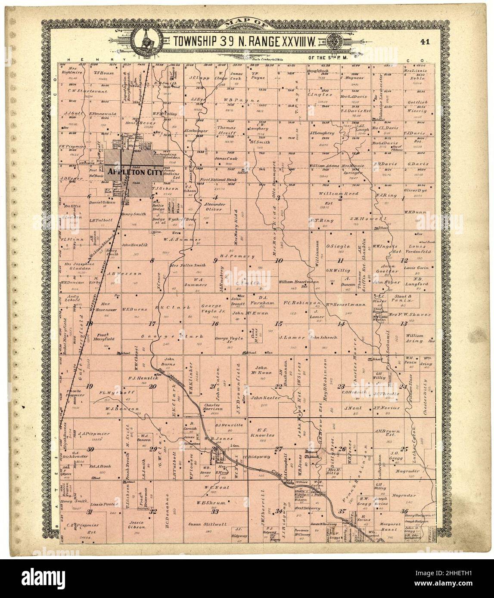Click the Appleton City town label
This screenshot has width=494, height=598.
pyautogui.click(x=135, y=171)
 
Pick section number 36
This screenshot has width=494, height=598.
pyautogui.click(x=404, y=511)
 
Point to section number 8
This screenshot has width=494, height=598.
pyautogui.click(x=152, y=260)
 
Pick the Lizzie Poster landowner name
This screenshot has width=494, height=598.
pyautogui.click(x=103, y=503)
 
